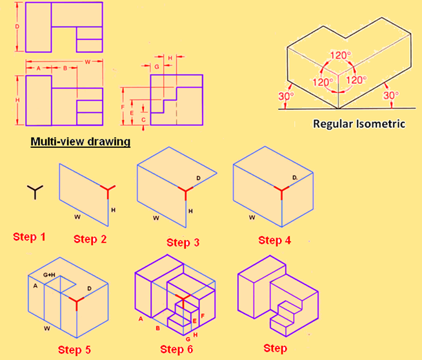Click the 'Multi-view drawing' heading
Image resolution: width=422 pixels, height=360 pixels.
click(x=81, y=141)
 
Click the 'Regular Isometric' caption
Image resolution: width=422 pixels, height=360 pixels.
click(x=359, y=124)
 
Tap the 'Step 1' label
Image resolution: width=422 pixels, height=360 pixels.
click(x=29, y=237)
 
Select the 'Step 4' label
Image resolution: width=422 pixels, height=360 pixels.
click(x=274, y=240)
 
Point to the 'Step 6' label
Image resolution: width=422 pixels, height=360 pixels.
click(x=177, y=349)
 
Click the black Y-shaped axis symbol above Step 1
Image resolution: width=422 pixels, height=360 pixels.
click(x=35, y=192)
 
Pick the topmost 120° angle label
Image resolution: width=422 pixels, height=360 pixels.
click(x=341, y=55)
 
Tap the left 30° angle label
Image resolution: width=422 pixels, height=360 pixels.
click(x=286, y=96)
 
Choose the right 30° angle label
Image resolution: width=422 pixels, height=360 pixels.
click(x=391, y=95)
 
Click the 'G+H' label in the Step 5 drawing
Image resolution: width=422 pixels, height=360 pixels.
click(x=49, y=275)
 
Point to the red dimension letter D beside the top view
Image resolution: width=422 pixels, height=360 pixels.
click(x=17, y=26)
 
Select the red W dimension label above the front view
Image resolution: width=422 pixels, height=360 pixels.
click(x=88, y=62)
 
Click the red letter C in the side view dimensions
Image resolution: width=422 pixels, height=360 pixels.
click(x=143, y=120)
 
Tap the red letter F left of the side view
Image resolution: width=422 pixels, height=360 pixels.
click(x=123, y=107)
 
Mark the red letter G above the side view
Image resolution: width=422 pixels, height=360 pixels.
click(x=157, y=66)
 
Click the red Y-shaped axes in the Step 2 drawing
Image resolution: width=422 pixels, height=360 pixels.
click(x=108, y=191)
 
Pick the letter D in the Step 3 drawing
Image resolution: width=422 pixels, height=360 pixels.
click(x=198, y=178)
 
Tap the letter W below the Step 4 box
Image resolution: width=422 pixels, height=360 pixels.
click(x=252, y=217)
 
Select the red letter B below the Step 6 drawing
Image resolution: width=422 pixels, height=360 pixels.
click(x=158, y=328)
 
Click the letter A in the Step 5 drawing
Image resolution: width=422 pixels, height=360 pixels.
click(x=35, y=286)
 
